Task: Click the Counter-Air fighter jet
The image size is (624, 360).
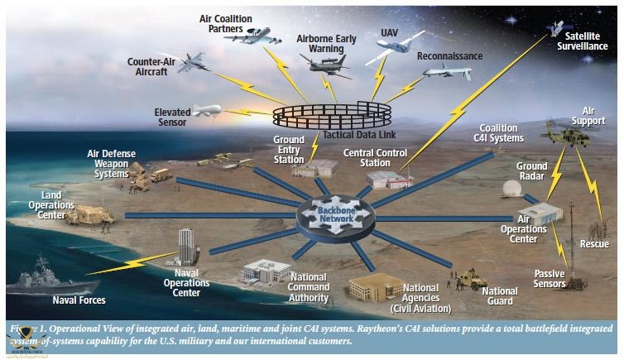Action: (x=191, y=63)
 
